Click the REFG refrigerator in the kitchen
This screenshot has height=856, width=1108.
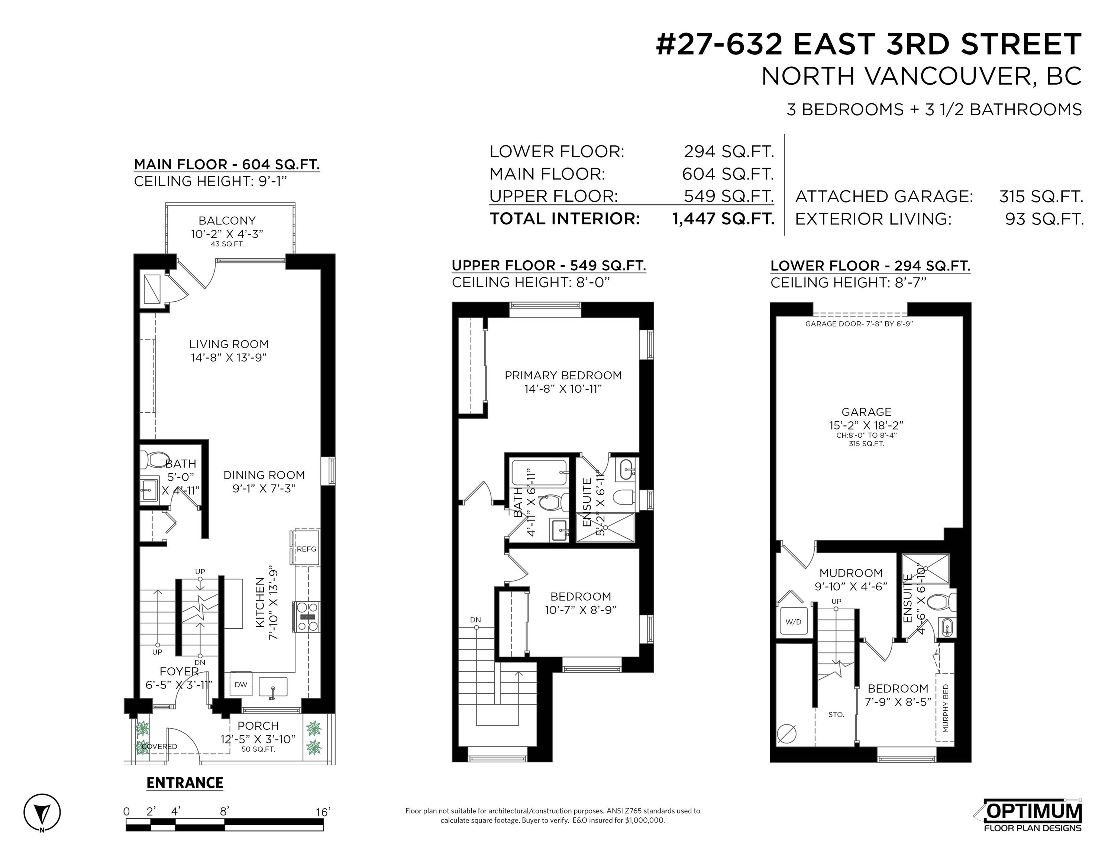pyautogui.click(x=306, y=548)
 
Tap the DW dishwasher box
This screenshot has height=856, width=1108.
pyautogui.click(x=240, y=685)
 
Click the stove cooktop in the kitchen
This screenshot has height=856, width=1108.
pyautogui.click(x=306, y=617)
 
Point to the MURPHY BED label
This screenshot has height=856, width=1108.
pyautogui.click(x=945, y=709)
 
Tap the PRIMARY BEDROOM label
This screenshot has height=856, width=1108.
pyautogui.click(x=563, y=375)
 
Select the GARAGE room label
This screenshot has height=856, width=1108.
pyautogui.click(x=866, y=412)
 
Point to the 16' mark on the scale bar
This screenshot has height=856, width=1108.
pyautogui.click(x=323, y=811)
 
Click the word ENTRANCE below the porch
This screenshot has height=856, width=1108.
pyautogui.click(x=185, y=783)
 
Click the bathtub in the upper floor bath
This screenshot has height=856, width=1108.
pyautogui.click(x=539, y=472)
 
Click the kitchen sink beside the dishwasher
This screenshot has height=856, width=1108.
pyautogui.click(x=273, y=687)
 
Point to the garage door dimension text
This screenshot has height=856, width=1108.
pyautogui.click(x=859, y=324)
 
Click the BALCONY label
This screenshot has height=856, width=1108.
pyautogui.click(x=227, y=221)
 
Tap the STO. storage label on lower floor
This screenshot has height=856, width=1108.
pyautogui.click(x=836, y=714)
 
